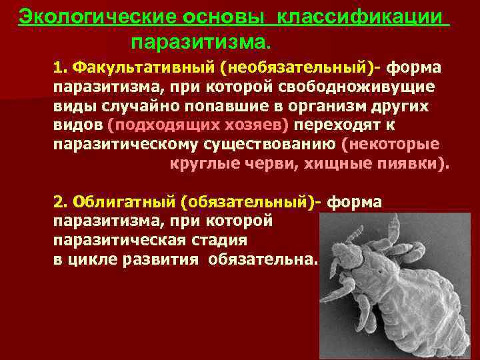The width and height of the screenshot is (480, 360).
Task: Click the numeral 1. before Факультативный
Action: pos(61,69)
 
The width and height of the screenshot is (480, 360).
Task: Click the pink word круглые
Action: pos(192,163)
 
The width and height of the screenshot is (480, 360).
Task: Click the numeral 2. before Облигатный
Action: pos(61,201)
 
